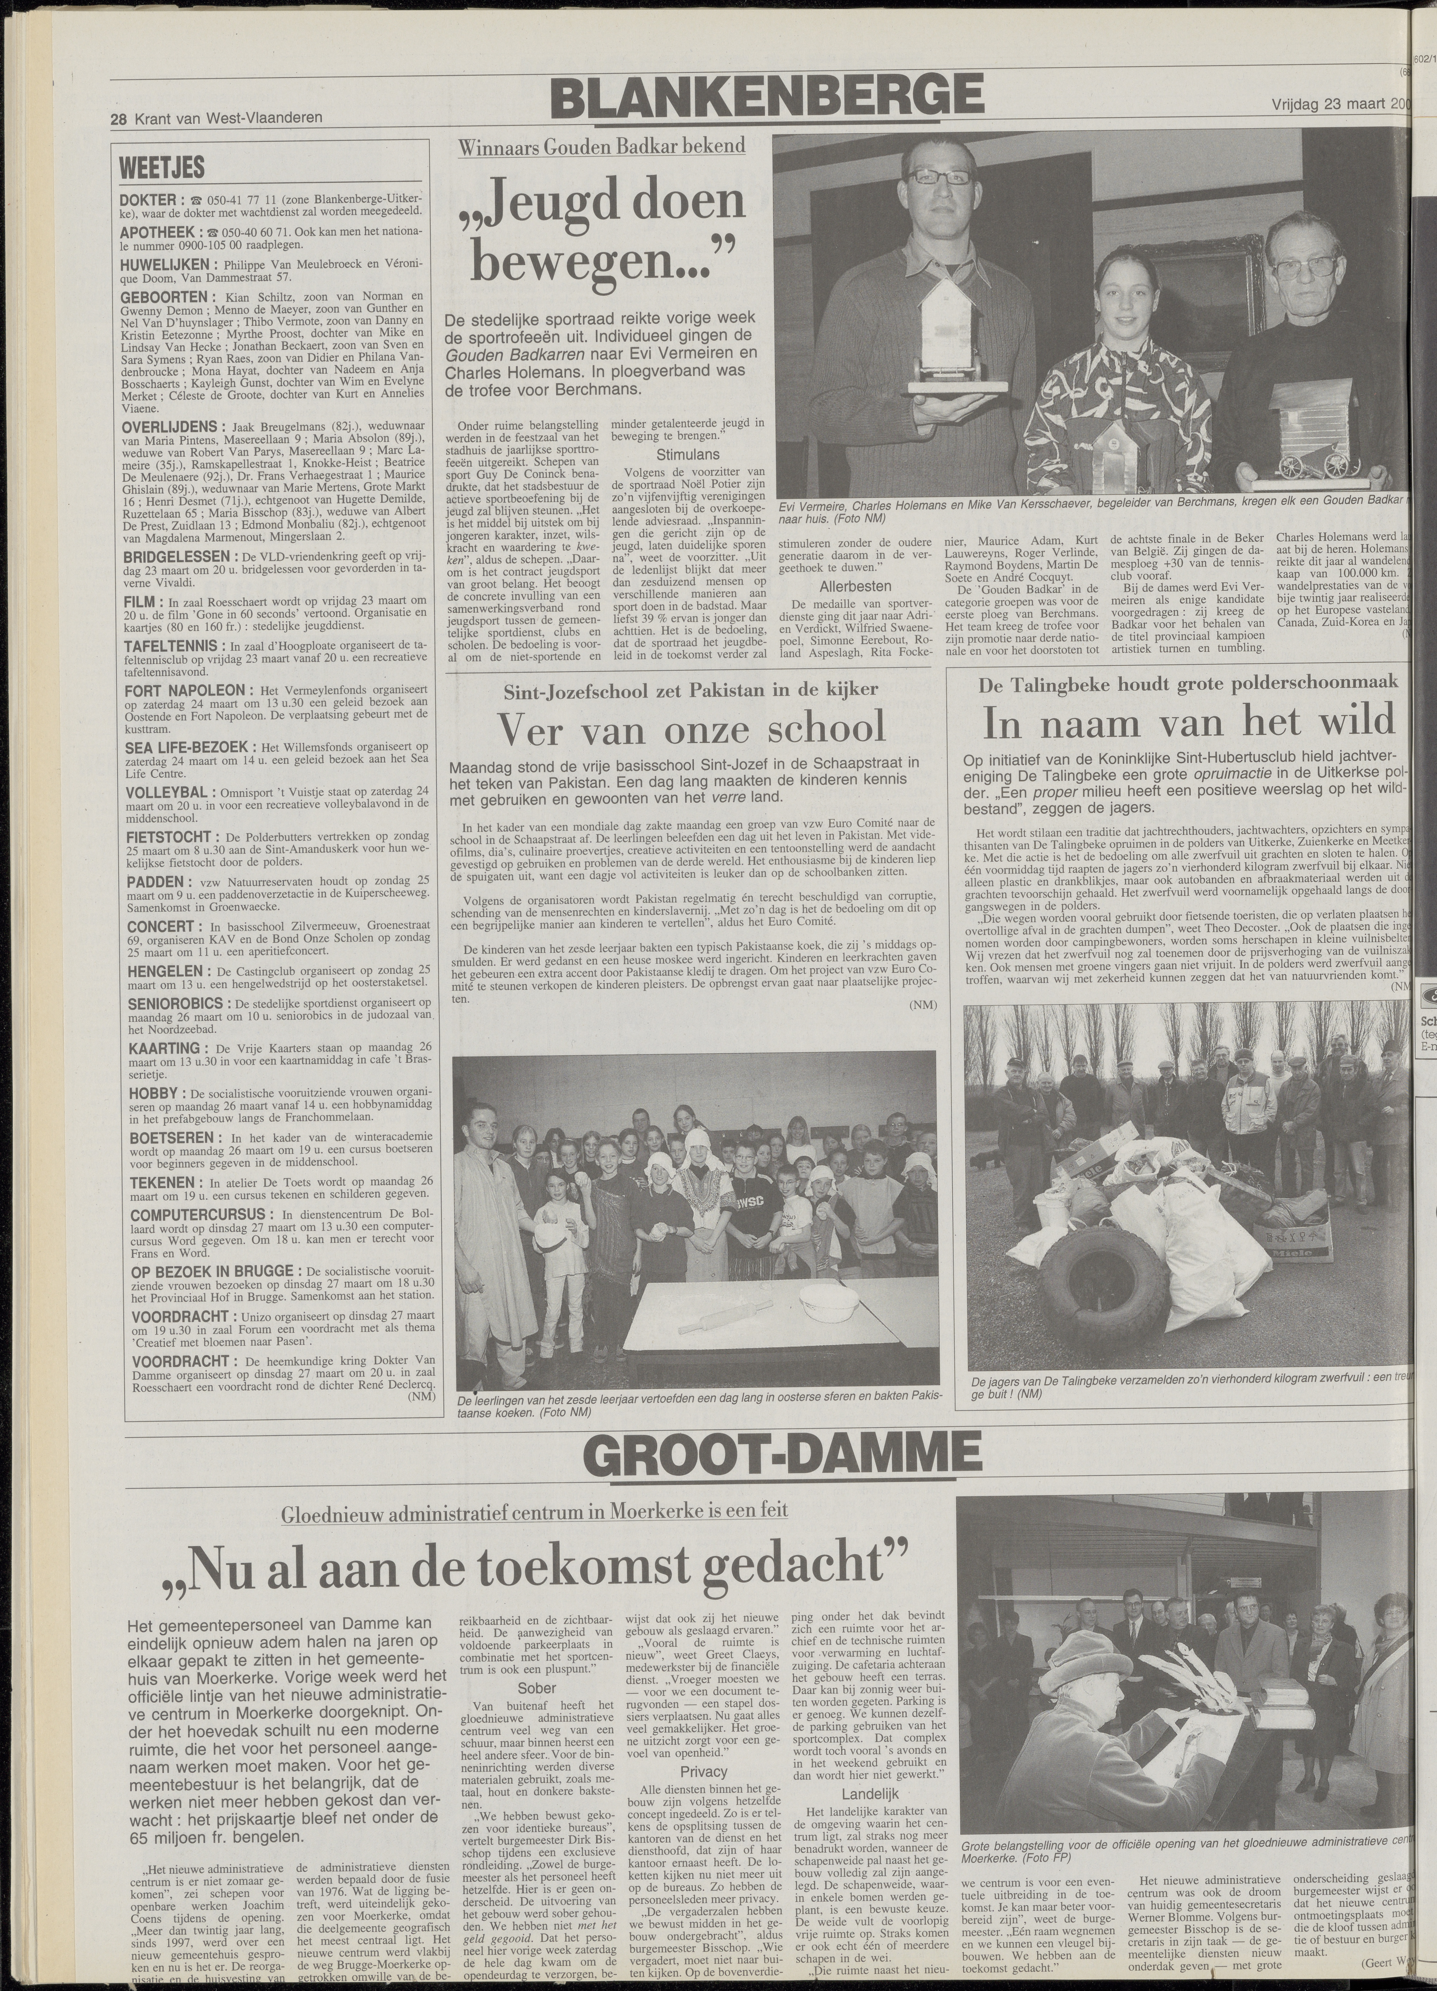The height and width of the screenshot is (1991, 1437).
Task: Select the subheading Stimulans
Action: (687, 455)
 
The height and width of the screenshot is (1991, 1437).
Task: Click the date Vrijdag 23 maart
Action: (1330, 105)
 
